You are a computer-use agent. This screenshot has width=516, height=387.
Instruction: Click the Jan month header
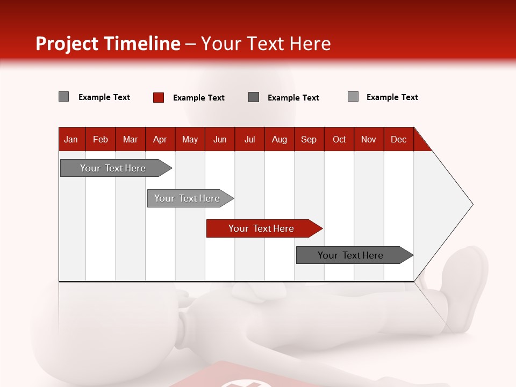pos(71,139)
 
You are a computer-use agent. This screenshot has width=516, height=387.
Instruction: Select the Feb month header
pos(101,139)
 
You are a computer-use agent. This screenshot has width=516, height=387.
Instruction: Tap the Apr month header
pos(160,139)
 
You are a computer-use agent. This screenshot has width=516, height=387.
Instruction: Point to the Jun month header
pos(220,139)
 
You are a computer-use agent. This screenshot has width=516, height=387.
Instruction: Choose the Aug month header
pos(279,139)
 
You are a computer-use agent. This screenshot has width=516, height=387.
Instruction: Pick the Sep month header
pos(309,139)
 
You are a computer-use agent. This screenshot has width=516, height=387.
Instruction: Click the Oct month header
pos(339,139)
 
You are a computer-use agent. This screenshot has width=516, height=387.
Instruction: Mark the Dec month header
pos(398,139)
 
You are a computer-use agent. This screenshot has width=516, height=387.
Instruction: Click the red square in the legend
pos(159,97)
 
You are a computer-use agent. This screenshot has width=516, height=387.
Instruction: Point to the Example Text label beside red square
pos(198,97)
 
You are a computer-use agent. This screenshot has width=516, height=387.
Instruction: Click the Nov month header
pos(369,139)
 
